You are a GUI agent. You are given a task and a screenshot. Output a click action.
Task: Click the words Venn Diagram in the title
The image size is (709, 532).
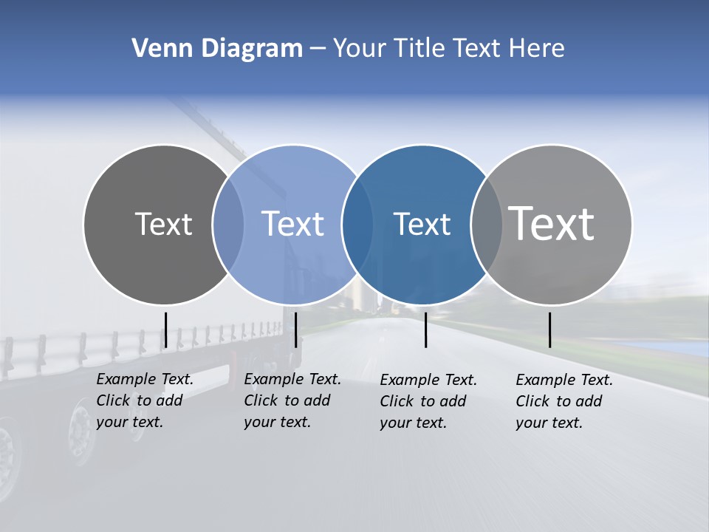click(x=217, y=49)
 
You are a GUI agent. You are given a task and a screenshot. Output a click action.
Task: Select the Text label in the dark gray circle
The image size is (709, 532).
click(x=163, y=224)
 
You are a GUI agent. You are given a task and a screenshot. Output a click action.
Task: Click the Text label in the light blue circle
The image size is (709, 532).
click(x=292, y=224)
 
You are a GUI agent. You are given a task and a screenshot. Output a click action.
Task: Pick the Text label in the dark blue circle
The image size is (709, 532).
click(x=422, y=224)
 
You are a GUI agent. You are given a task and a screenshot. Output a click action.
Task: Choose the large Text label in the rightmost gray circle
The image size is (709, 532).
click(x=552, y=223)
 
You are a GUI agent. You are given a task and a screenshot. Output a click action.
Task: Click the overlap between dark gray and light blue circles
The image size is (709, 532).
click(x=228, y=224)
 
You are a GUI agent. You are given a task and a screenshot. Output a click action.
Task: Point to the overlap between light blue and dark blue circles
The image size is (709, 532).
click(x=357, y=224)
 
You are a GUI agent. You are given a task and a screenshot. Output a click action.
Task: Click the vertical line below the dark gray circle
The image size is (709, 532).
click(x=166, y=330)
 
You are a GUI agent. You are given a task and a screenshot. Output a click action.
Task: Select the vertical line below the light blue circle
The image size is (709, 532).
click(x=295, y=330)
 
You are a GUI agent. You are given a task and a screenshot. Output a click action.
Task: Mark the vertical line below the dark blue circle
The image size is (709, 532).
click(x=425, y=330)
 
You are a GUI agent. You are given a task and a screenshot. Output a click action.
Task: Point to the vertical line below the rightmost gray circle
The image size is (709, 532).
click(x=549, y=330)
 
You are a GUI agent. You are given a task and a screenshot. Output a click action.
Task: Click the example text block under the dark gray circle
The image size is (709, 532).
click(x=145, y=400)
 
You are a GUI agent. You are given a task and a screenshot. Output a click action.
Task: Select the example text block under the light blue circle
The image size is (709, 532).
click(x=292, y=400)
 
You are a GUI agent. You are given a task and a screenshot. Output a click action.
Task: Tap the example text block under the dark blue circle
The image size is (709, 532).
click(x=428, y=401)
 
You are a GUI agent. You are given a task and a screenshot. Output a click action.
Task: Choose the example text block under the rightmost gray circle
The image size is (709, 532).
click(x=564, y=401)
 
